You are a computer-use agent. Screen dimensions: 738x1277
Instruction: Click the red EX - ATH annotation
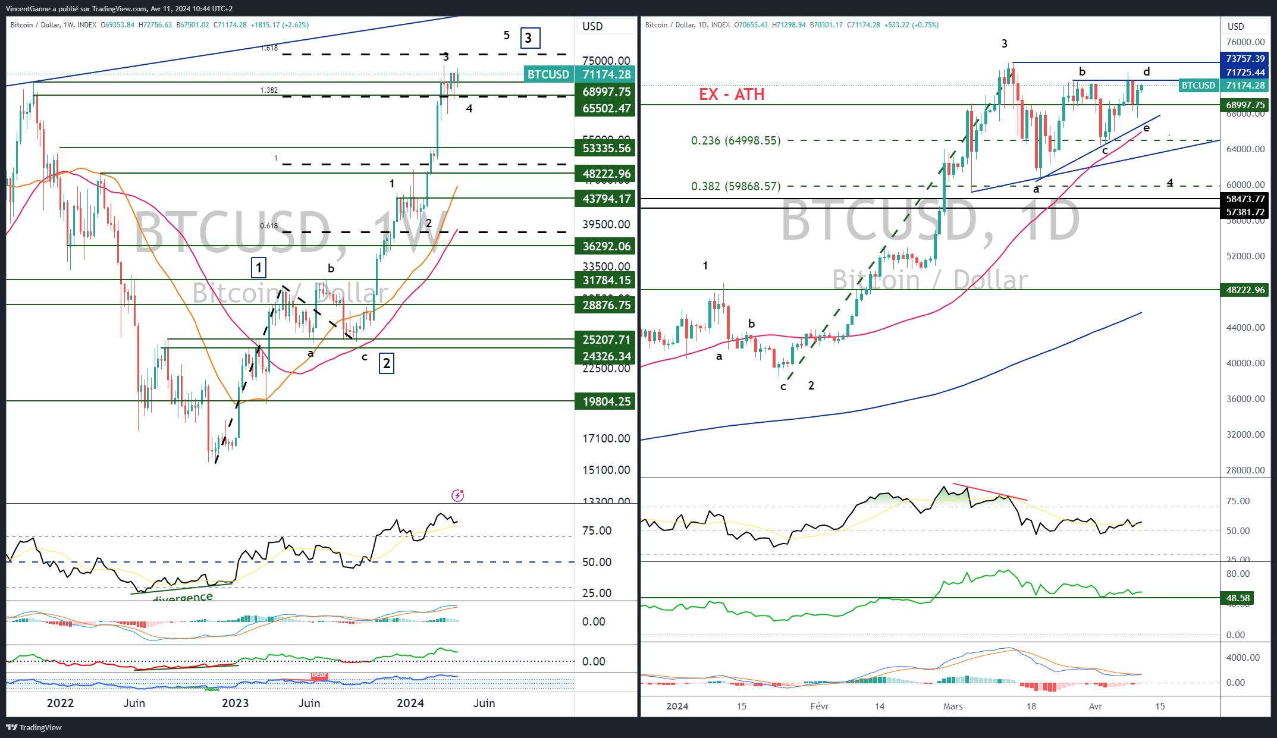731,95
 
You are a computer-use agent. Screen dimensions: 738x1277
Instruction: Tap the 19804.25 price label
605,401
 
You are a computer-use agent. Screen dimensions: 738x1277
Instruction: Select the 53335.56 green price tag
605,148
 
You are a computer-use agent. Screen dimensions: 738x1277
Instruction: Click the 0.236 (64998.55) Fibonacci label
735,141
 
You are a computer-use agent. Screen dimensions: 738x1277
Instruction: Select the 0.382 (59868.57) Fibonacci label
735,187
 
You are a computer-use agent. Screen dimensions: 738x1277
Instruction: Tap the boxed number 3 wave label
529,38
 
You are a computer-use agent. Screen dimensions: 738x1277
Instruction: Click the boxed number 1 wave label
259,268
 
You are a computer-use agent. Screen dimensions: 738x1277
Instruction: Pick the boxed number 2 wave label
387,363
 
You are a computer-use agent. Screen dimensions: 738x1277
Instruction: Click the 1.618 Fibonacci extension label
269,48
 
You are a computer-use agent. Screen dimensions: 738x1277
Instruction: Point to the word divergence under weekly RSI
183,598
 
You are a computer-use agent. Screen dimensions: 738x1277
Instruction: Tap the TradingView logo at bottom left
34,727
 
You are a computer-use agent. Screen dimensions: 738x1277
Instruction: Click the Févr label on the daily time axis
820,706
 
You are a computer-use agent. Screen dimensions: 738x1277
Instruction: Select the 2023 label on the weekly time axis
235,704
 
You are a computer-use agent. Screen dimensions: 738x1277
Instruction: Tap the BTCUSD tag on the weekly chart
548,75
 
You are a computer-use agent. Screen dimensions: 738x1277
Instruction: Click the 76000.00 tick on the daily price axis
1245,42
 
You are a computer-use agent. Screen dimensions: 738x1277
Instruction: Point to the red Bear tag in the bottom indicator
319,675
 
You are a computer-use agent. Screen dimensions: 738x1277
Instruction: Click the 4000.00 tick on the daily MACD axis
1243,658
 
